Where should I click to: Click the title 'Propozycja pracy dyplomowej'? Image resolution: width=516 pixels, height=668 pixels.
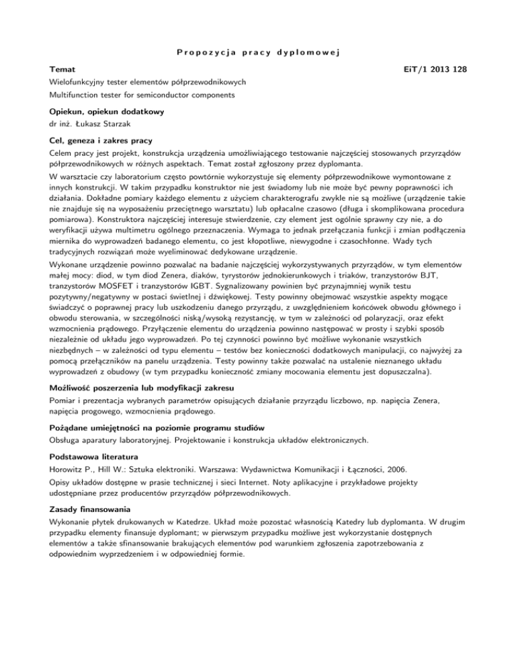coord(259,52)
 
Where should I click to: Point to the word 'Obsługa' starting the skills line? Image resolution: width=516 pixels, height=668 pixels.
coord(67,441)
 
